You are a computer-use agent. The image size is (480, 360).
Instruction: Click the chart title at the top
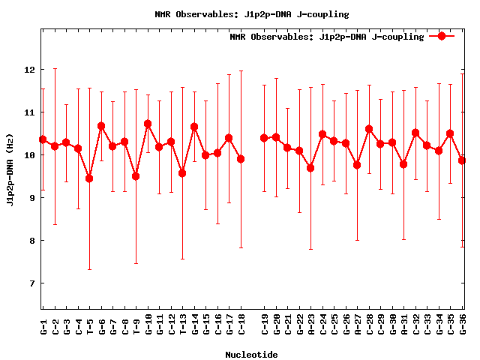click(251, 14)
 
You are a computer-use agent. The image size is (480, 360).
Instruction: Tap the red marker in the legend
click(442, 36)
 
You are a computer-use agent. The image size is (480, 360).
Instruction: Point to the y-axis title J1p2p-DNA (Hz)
click(10, 168)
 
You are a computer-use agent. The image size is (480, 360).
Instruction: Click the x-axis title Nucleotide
click(251, 355)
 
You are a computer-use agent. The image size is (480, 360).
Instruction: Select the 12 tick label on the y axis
click(29, 70)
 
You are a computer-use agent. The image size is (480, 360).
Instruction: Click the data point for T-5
click(89, 178)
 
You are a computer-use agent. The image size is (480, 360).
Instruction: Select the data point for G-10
click(148, 124)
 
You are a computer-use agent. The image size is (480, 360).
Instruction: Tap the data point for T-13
click(182, 173)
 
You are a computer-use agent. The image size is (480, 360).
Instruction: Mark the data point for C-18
click(241, 159)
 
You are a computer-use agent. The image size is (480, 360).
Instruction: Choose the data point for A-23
click(310, 168)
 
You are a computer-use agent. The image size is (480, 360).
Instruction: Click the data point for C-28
click(369, 129)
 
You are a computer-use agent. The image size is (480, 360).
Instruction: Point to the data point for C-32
click(415, 133)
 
